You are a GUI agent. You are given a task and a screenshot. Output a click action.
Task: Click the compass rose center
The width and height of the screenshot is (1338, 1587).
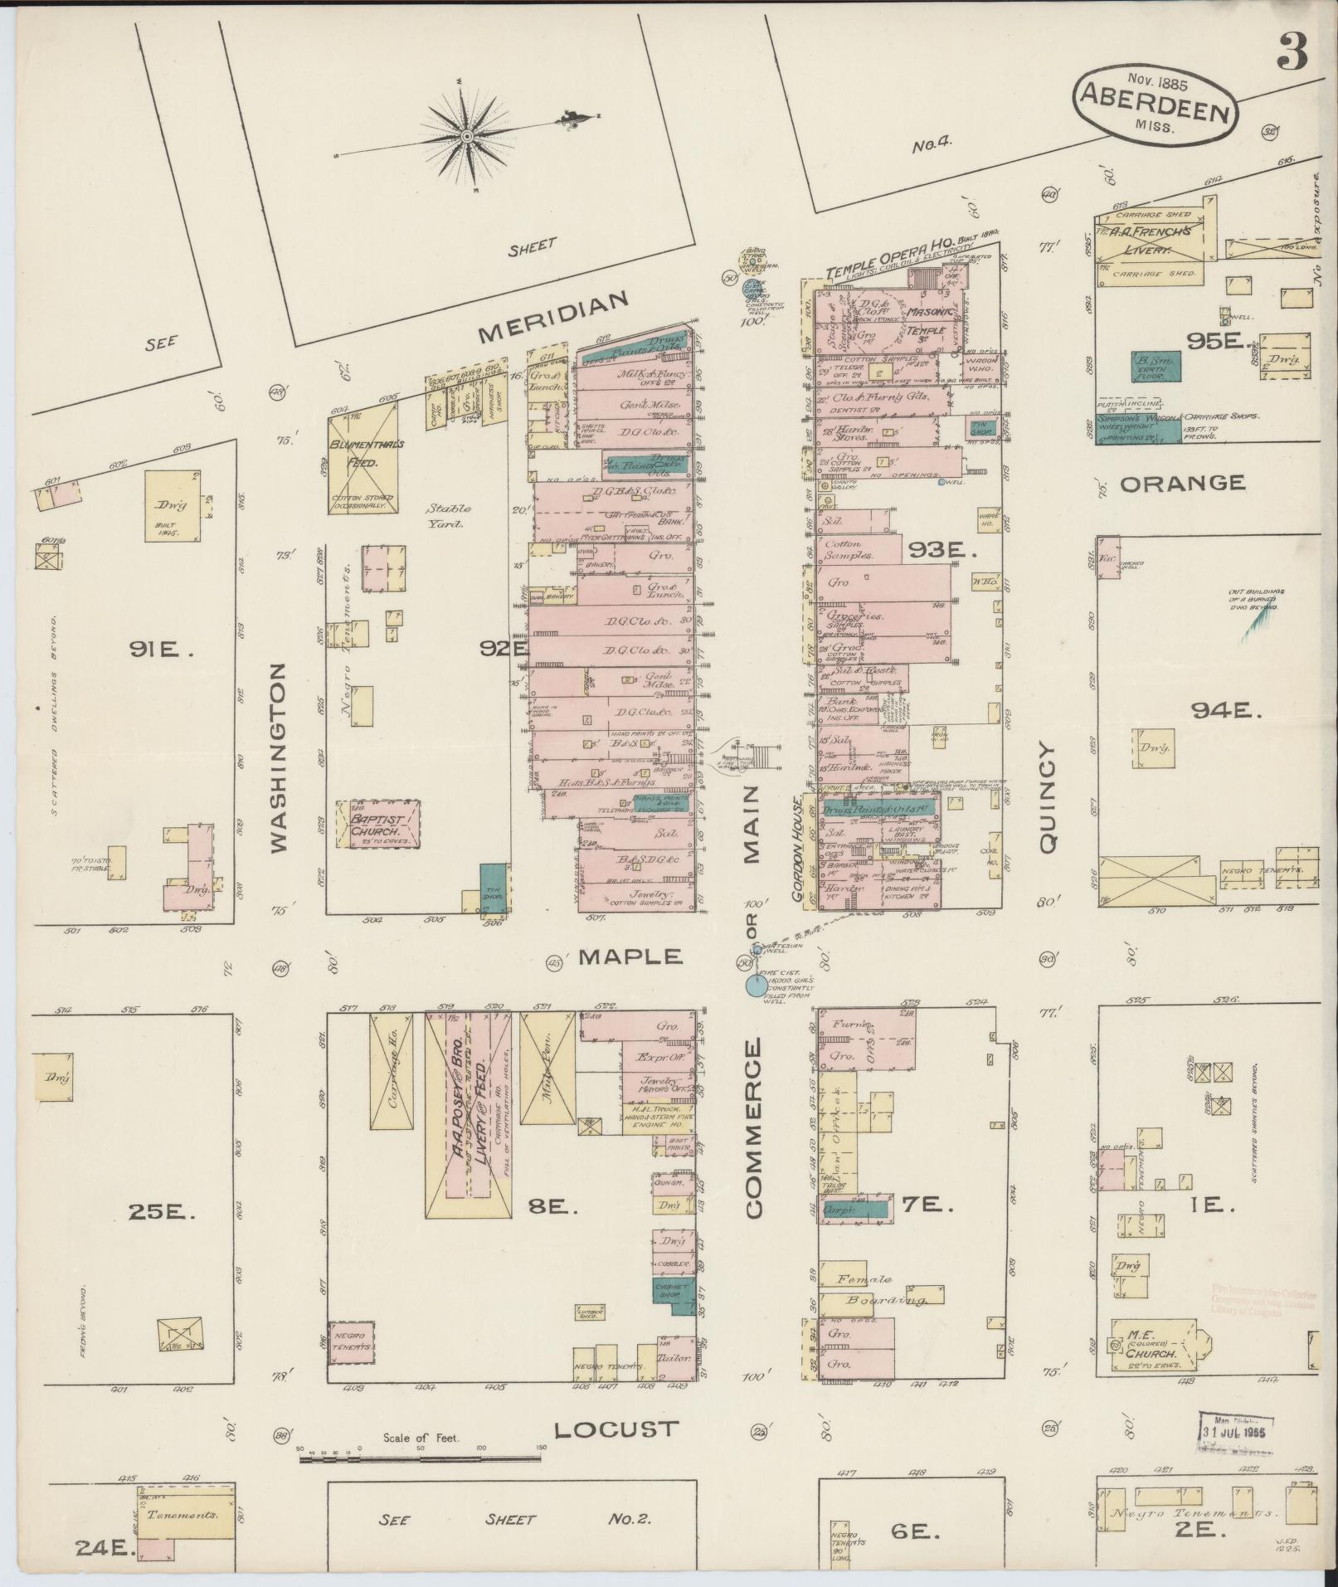tap(467, 136)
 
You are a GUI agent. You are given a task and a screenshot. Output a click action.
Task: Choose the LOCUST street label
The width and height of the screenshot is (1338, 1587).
tap(616, 1429)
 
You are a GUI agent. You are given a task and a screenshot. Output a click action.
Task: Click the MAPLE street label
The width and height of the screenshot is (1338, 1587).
tap(630, 957)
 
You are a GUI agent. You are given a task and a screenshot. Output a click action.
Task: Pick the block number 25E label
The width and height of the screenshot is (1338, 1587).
tap(161, 1212)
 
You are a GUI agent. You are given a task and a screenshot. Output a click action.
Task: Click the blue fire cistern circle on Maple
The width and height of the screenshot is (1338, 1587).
tap(756, 986)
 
